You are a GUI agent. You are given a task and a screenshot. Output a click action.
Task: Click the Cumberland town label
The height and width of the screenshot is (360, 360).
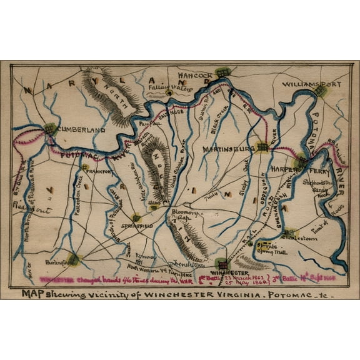(82, 130)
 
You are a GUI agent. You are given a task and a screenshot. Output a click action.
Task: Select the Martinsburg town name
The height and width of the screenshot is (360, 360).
(228, 149)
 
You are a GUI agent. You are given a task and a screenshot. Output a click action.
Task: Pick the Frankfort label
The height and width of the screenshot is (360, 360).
(99, 171)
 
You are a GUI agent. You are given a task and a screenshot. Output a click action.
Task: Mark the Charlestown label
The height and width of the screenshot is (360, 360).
(301, 238)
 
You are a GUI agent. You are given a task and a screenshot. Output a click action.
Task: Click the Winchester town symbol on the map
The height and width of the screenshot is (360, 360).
(222, 265)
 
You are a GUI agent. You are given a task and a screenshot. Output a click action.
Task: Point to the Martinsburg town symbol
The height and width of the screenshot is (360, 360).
(262, 147)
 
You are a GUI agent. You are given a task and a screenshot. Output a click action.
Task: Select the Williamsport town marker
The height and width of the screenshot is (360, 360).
(320, 91)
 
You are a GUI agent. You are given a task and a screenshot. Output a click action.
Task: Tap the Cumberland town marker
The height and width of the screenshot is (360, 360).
(51, 129)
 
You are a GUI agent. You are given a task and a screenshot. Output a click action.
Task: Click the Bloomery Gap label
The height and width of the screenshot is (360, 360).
(184, 216)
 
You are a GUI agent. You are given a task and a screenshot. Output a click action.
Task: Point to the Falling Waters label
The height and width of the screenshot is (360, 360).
(169, 88)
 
